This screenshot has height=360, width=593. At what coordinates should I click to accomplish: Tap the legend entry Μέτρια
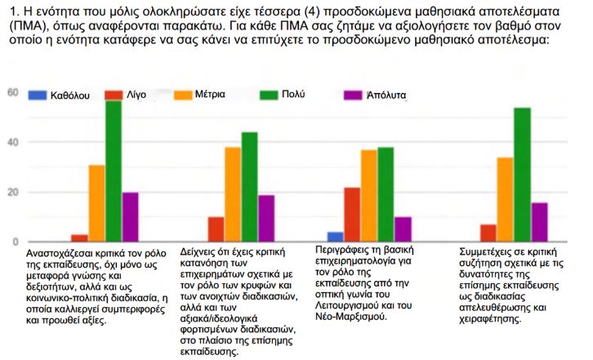[x=208, y=96]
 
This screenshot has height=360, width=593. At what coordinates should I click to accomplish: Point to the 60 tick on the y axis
[x=12, y=92]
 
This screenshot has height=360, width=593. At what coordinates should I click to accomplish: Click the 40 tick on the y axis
[x=12, y=142]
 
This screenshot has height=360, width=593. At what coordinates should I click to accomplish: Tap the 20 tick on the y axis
[x=12, y=193]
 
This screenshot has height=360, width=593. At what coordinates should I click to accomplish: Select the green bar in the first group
[x=113, y=171]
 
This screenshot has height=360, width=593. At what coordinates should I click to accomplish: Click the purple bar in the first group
[x=130, y=217]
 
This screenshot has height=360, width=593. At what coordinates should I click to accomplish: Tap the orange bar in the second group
[x=233, y=194]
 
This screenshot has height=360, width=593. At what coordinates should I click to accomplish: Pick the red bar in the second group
[x=216, y=229]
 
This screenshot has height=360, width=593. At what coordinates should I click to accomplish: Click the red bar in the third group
[x=352, y=215]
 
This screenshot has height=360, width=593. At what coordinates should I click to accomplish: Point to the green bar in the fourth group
[x=522, y=175]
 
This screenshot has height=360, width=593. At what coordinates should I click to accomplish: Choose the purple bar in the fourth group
[x=539, y=222]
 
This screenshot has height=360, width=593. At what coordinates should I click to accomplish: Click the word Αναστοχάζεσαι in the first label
[x=62, y=253]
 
